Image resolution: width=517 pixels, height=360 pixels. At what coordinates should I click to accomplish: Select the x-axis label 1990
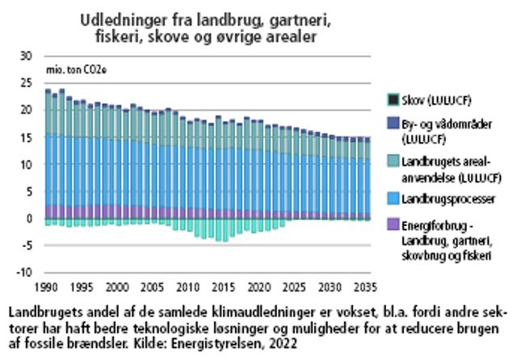click(x=47, y=287)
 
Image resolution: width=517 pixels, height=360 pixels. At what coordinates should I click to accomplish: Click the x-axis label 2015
click(x=224, y=287)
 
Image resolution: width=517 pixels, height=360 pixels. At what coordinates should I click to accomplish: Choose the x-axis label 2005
click(x=153, y=287)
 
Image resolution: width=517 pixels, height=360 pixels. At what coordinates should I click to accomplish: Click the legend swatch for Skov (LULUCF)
click(x=393, y=99)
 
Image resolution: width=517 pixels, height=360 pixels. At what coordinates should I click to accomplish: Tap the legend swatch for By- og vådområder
click(x=393, y=124)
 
